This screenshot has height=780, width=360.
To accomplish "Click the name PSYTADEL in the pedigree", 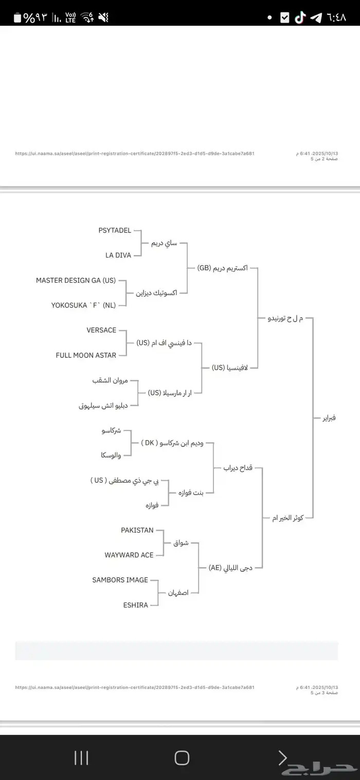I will tap(115, 230).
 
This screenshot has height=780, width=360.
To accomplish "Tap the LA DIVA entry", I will tap(118, 255).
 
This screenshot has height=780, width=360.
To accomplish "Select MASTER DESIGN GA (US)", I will tap(76, 280).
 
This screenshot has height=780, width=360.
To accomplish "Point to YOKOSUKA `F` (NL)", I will tap(83, 305).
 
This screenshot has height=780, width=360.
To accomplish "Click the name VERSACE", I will tap(101, 330).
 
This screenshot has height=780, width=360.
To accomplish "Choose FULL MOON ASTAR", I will tap(86, 355).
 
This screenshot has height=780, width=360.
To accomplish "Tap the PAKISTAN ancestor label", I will tap(137, 530).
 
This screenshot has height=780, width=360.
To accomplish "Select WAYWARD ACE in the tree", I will tap(129, 555).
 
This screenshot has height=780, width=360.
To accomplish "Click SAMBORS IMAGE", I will tap(120, 580).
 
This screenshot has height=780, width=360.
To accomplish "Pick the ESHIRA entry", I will tap(135, 605).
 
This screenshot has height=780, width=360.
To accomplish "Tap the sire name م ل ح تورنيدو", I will tap(285, 318).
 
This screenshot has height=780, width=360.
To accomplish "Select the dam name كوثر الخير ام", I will tap(287, 518).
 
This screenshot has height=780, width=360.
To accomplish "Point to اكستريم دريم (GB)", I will tap(222, 268).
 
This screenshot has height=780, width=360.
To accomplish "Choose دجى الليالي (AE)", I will tap(230, 568).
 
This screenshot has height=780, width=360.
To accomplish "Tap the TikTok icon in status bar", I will tap(300, 17).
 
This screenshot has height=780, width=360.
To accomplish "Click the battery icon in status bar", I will tap(17, 17).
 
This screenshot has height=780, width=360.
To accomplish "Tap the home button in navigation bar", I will tap(182, 757).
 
